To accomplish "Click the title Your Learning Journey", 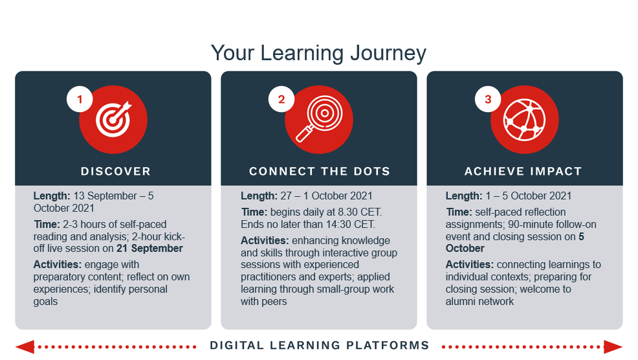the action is pos(318,53).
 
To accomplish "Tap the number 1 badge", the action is pos(80,99).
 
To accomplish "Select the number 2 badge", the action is pos(281,99).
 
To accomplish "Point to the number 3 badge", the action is pos(488,99).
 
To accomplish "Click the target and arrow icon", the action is pos(114,119).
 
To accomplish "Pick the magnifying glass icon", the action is pos(320,118).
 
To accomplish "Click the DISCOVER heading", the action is pos(116,171).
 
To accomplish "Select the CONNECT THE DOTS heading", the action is pos(320,171).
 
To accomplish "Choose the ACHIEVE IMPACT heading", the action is pos(523,171).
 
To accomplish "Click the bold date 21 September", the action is pos(149,249).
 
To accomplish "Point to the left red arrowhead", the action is pos(25,347).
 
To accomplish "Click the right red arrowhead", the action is pos(613,347).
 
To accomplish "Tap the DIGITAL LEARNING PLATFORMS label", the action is pos(320,345).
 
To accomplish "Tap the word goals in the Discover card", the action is pos(45,302).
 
